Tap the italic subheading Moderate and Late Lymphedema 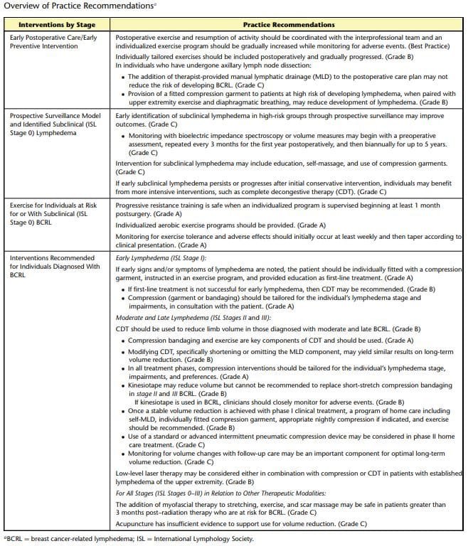[182, 318]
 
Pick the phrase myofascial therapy [186, 504]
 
